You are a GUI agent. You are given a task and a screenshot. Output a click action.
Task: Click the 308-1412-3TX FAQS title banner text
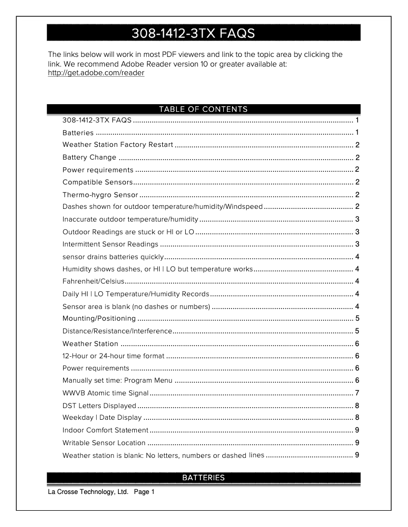click(x=193, y=34)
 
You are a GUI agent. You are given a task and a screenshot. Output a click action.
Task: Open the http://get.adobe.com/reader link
click(x=96, y=73)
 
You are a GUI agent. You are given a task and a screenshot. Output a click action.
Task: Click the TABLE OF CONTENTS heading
click(x=203, y=109)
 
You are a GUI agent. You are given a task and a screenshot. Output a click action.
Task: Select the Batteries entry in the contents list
click(x=78, y=133)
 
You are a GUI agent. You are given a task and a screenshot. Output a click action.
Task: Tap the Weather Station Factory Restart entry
click(x=118, y=145)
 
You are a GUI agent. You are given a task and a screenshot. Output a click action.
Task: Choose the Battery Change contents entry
click(x=89, y=158)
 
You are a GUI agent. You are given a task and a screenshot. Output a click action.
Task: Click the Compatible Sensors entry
click(x=97, y=182)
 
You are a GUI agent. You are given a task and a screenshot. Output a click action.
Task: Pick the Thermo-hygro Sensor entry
click(x=100, y=195)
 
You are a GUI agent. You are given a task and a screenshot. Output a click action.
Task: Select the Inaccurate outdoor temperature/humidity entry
click(x=130, y=219)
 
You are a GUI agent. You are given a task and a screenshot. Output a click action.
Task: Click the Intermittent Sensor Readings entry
click(x=110, y=244)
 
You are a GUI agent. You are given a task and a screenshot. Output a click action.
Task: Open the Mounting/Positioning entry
click(x=99, y=319)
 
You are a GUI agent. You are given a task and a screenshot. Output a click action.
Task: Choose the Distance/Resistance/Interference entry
click(x=117, y=331)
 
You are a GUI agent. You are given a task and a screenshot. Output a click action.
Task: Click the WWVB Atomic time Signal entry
click(x=105, y=393)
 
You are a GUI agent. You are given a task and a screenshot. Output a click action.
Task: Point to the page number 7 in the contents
click(x=358, y=393)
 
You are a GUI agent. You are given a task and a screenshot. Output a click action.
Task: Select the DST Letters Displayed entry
click(x=99, y=406)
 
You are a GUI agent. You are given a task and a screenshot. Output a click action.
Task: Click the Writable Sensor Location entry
click(x=104, y=443)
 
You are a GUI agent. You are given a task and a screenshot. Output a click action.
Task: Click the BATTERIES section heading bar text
click(x=203, y=478)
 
